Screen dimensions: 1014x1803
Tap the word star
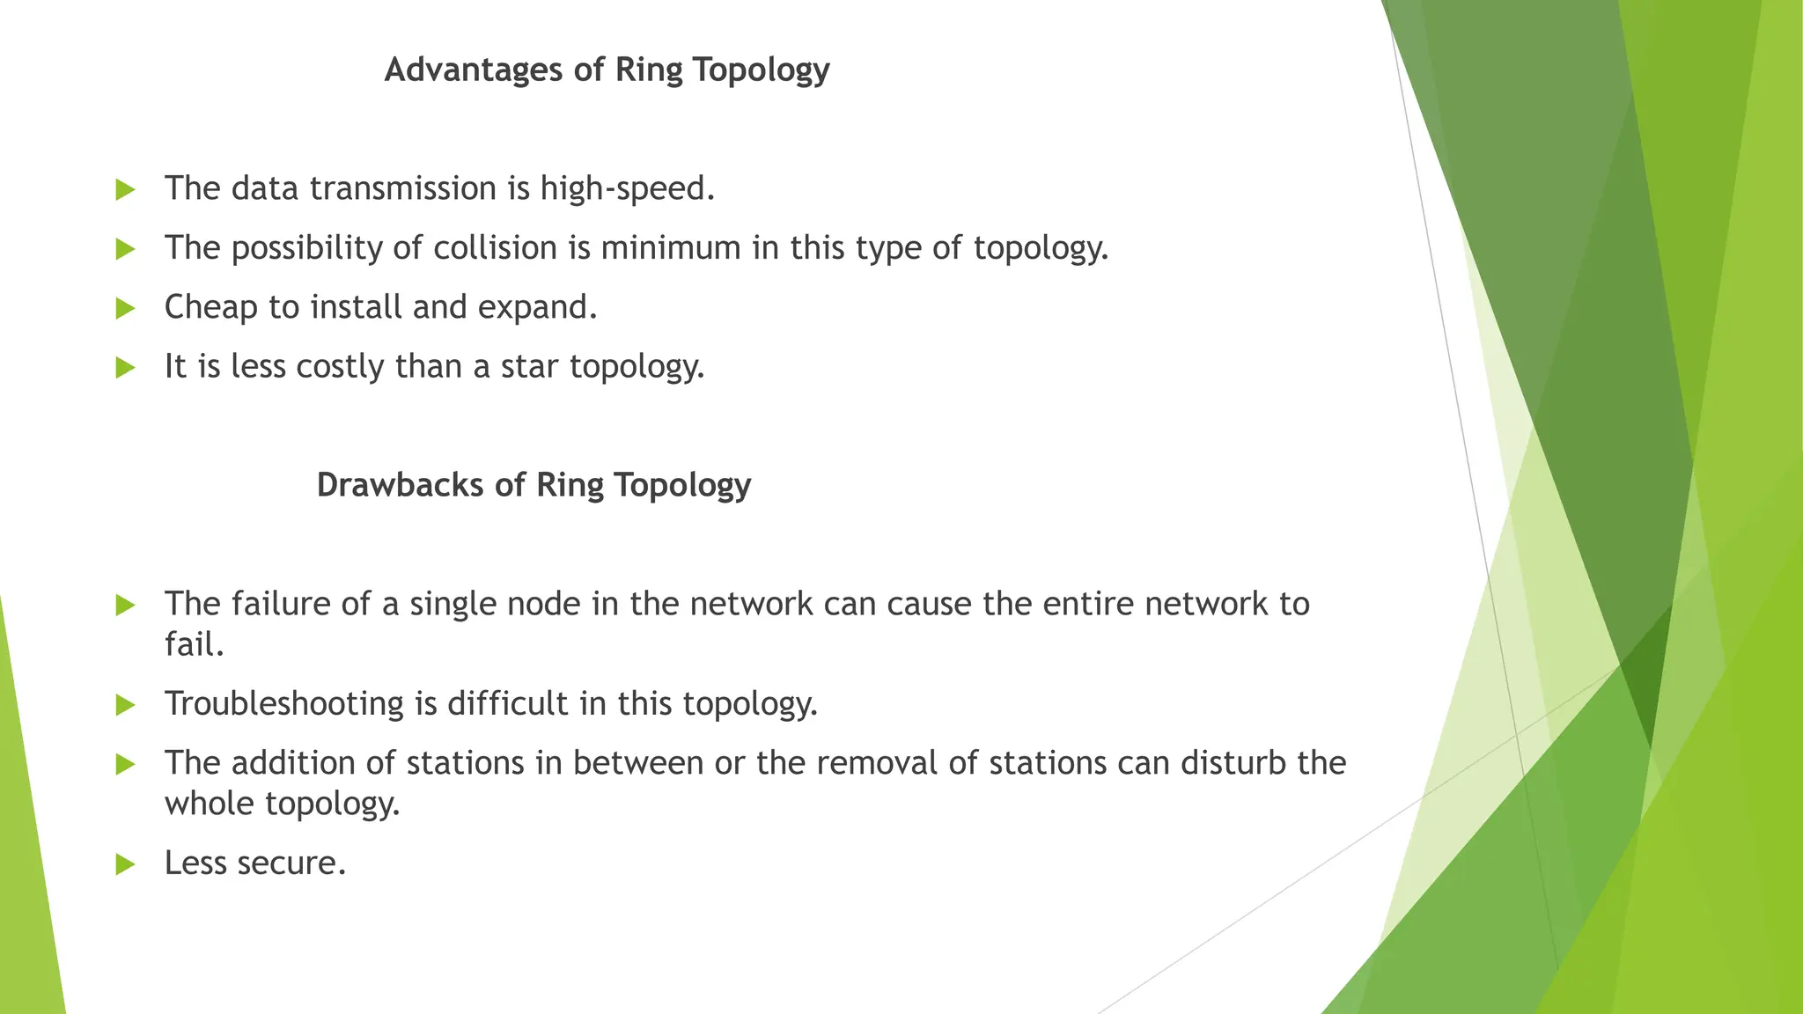tap(529, 367)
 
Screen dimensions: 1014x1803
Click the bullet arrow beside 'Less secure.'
tap(125, 864)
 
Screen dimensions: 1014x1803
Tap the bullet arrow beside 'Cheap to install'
tap(125, 309)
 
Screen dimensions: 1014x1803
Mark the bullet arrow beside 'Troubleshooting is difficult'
tap(125, 705)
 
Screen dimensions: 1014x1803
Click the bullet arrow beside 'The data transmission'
tap(125, 190)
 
